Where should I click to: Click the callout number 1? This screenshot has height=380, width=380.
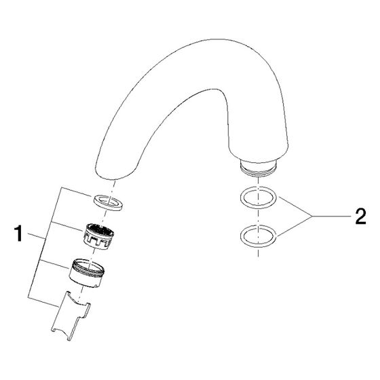pos(18,233)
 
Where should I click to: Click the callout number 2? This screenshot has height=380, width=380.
pos(360,216)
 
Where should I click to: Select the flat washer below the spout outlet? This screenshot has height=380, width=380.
pos(108,202)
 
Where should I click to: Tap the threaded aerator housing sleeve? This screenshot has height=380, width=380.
pos(87,273)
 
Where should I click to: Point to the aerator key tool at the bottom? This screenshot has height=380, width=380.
pos(71,316)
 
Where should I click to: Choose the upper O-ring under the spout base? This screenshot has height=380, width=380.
pos(258,197)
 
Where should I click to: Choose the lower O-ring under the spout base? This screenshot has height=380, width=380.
pos(258,236)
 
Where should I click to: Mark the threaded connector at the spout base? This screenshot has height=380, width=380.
pos(258,168)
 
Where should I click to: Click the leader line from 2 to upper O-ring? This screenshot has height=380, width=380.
pos(295,206)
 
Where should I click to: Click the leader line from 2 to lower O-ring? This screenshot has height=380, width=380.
pos(294,226)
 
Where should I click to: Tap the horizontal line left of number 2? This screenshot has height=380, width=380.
pos(331,216)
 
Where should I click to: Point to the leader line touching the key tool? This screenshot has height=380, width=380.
pos(43,302)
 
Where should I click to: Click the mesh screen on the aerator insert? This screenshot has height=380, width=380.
pos(100,230)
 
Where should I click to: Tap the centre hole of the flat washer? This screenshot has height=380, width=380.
pos(109,202)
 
